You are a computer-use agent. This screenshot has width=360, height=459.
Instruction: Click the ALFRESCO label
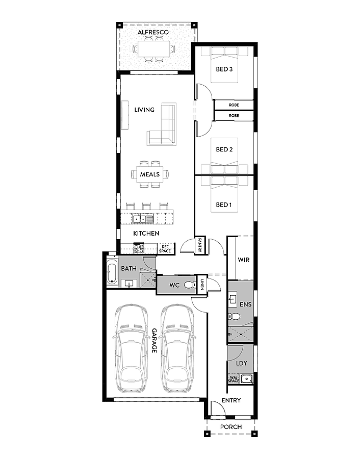click(x=153, y=32)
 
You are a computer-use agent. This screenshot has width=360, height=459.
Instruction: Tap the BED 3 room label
click(x=224, y=69)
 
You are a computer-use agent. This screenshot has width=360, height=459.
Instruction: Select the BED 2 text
click(x=224, y=149)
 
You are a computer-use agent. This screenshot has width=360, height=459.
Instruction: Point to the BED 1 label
click(x=224, y=205)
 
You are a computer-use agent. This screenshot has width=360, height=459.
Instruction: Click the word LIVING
click(x=144, y=110)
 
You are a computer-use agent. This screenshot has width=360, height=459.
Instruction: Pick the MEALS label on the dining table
click(x=150, y=174)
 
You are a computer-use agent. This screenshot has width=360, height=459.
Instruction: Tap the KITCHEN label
click(x=146, y=233)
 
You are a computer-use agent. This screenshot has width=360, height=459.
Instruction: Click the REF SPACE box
click(x=165, y=249)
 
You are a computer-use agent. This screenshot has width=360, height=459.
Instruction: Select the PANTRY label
click(x=201, y=245)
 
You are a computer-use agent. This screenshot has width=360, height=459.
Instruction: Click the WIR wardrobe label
click(x=243, y=260)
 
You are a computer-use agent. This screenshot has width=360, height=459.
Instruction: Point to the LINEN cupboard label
click(x=202, y=285)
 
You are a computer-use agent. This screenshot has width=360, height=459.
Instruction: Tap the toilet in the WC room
click(x=189, y=285)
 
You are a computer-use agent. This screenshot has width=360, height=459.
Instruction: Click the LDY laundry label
click(x=242, y=364)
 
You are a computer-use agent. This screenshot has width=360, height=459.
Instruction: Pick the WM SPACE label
click(x=234, y=379)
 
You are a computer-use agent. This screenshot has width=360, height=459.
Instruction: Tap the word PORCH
click(x=230, y=426)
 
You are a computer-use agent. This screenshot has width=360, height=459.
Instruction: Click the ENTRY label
click(x=230, y=400)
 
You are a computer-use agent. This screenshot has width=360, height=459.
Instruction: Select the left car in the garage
click(x=131, y=348)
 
